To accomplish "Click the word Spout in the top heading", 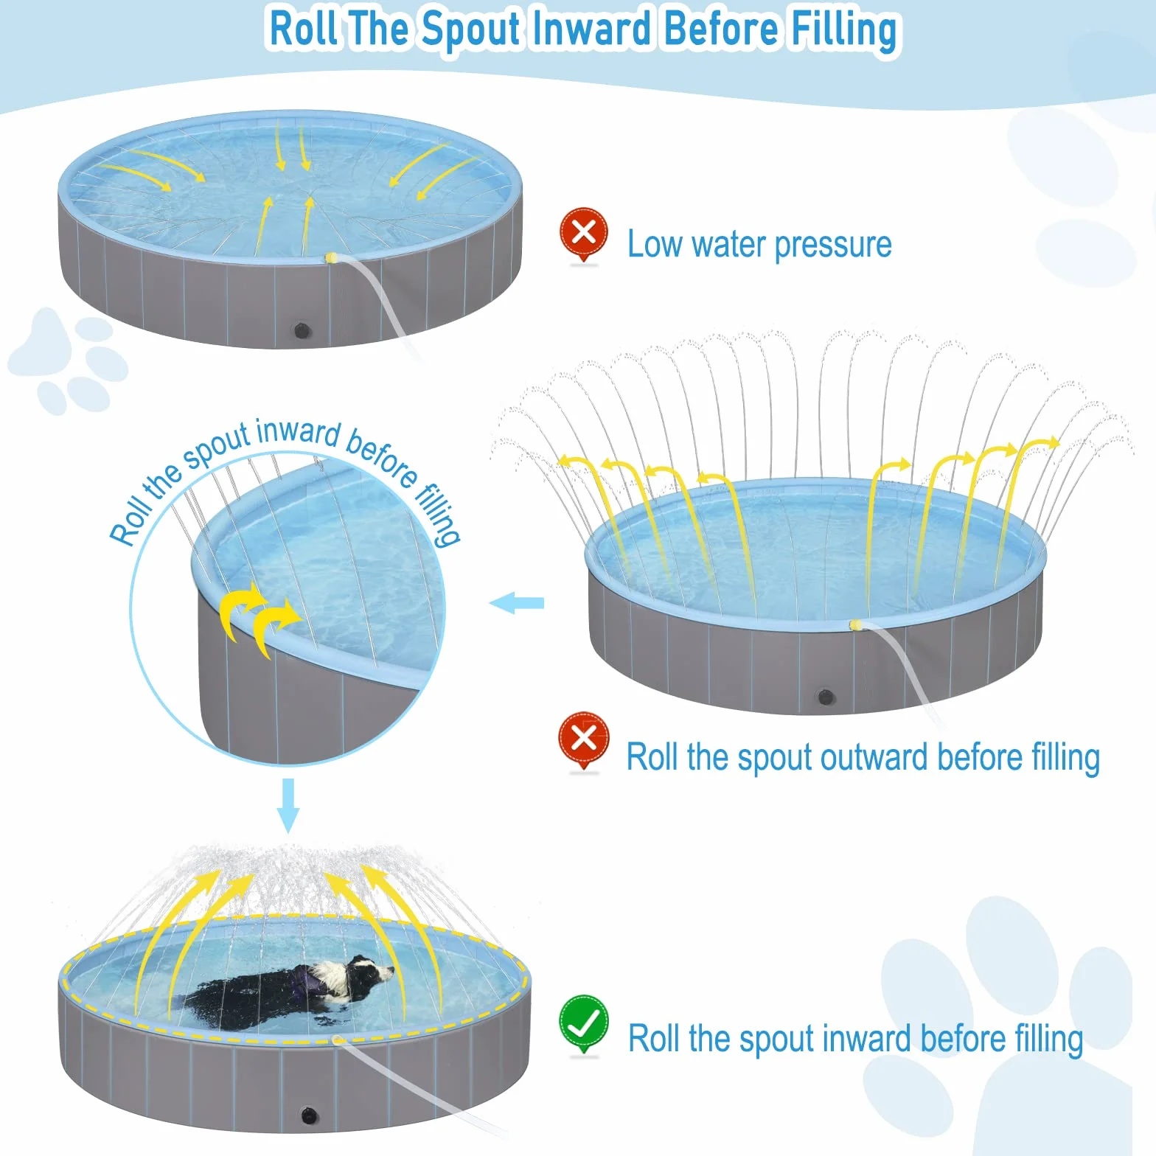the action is click(471, 29).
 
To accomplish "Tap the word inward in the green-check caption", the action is click(867, 1039).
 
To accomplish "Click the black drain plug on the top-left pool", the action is click(302, 330).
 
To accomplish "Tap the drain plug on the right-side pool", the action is click(826, 697).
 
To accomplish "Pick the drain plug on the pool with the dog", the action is click(309, 1115).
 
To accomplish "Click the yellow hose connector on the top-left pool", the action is click(332, 258).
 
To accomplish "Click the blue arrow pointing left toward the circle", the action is click(517, 603).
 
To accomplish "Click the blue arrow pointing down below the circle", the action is click(288, 804).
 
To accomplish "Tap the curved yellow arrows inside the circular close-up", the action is click(259, 618).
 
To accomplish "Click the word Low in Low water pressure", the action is click(654, 244).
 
